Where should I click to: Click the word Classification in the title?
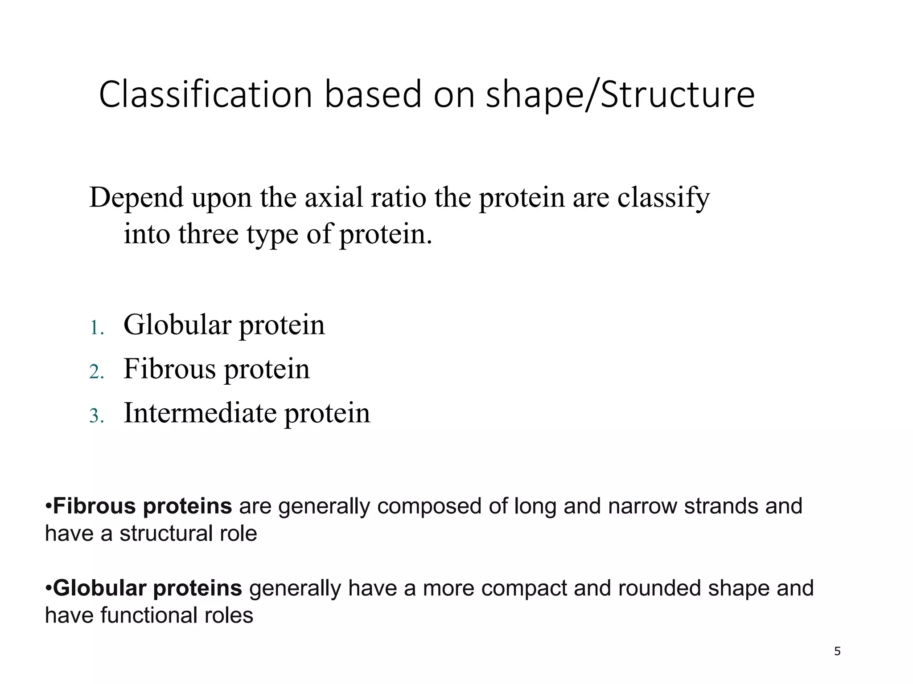pyautogui.click(x=206, y=94)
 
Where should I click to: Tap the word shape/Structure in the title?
pyautogui.click(x=620, y=95)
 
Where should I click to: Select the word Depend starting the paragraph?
pyautogui.click(x=136, y=198)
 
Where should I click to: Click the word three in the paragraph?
pyautogui.click(x=208, y=234)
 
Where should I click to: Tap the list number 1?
pyautogui.click(x=96, y=328)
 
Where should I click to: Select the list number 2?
pyautogui.click(x=96, y=372)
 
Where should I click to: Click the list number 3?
pyautogui.click(x=96, y=416)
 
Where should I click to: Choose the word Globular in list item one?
pyautogui.click(x=177, y=325)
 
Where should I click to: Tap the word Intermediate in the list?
pyautogui.click(x=199, y=413)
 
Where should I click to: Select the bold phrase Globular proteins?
pyautogui.click(x=147, y=588)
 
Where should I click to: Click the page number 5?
pyautogui.click(x=837, y=651)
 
